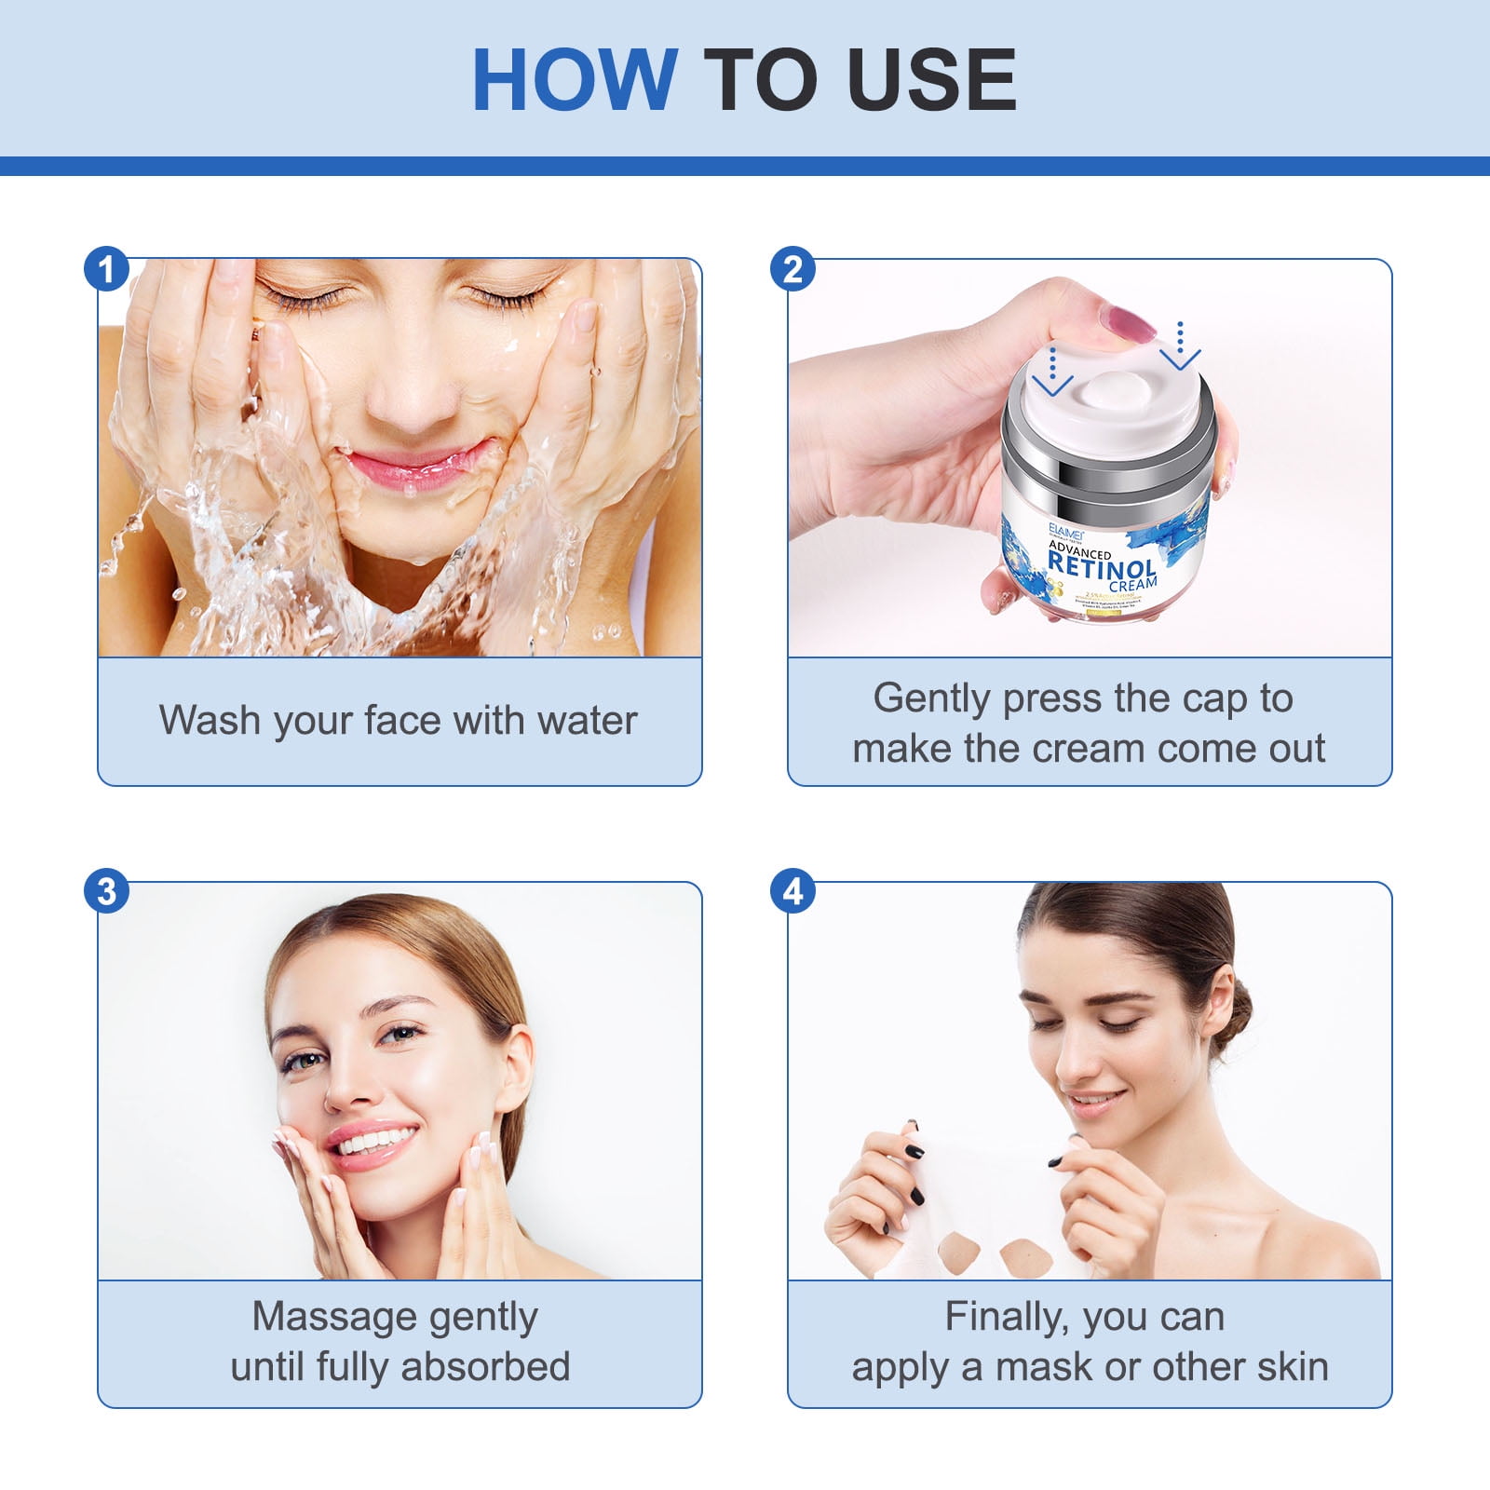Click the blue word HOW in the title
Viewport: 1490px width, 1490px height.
click(575, 80)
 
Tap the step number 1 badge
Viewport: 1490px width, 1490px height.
click(106, 269)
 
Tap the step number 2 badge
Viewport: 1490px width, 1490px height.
click(792, 269)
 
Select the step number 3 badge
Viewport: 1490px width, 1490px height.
click(106, 891)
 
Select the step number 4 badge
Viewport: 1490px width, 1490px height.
click(792, 891)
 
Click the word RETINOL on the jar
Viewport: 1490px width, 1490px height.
click(1102, 563)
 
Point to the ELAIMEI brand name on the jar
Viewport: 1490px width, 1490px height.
click(1064, 528)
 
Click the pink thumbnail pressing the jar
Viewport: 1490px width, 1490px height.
click(1129, 323)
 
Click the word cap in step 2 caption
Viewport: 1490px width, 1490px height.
click(1207, 698)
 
